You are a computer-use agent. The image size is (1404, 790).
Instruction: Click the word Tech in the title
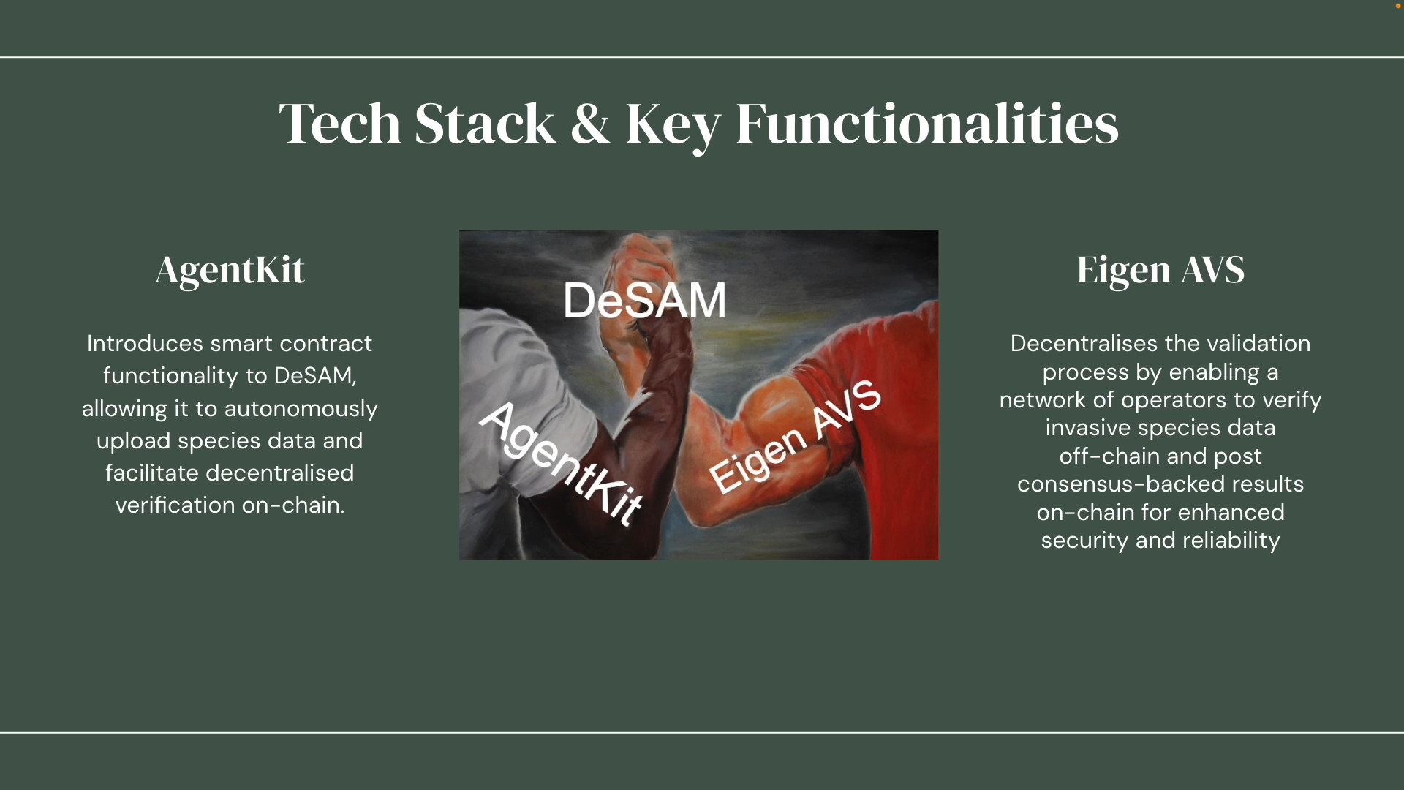[339, 123]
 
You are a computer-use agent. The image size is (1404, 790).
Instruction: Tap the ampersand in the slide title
[589, 124]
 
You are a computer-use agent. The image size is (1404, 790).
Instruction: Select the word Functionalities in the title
[926, 123]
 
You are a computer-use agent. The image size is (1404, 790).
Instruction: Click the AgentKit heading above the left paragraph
[230, 270]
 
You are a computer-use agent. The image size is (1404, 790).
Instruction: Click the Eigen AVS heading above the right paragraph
[1160, 270]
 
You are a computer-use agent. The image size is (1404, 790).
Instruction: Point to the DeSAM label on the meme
[644, 300]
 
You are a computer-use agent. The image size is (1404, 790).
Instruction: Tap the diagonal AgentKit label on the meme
[561, 463]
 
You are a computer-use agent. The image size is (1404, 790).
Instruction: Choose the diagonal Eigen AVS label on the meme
[795, 437]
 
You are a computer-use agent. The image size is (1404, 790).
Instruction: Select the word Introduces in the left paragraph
[145, 343]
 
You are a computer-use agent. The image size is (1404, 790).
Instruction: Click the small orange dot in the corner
[1398, 6]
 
